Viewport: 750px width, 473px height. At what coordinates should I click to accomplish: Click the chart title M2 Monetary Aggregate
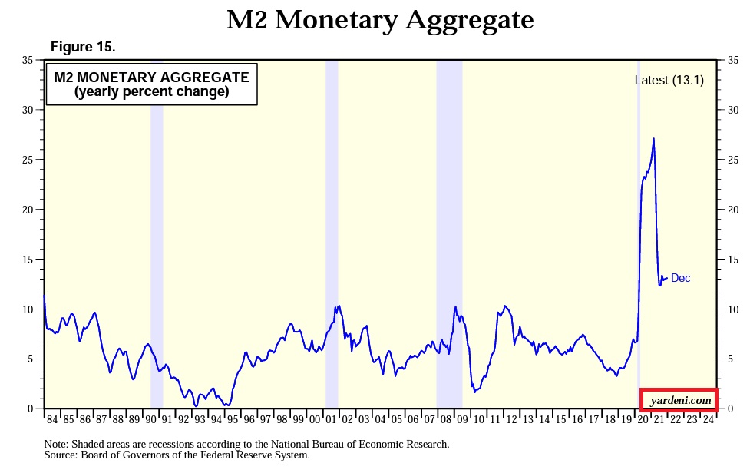379,21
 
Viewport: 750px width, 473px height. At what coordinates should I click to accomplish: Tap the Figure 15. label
83,48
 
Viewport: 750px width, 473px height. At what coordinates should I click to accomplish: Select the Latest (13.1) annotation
669,80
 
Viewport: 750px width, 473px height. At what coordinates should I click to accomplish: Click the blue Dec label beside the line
680,278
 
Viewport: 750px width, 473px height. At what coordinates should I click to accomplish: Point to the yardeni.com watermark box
678,400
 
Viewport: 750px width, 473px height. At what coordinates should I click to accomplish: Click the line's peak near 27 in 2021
653,139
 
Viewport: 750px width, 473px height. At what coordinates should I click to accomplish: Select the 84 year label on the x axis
52,419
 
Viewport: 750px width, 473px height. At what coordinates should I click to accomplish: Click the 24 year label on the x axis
708,419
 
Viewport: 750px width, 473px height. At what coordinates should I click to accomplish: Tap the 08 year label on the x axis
446,419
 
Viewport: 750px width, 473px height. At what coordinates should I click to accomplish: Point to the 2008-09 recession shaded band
449,230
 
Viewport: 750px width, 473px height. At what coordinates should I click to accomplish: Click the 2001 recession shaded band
332,230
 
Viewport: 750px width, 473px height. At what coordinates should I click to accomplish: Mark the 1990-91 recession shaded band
157,230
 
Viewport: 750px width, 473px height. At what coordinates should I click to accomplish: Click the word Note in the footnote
57,444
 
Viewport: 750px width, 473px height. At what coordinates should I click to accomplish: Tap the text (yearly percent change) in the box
151,92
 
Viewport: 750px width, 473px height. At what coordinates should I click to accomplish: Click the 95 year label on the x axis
233,419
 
